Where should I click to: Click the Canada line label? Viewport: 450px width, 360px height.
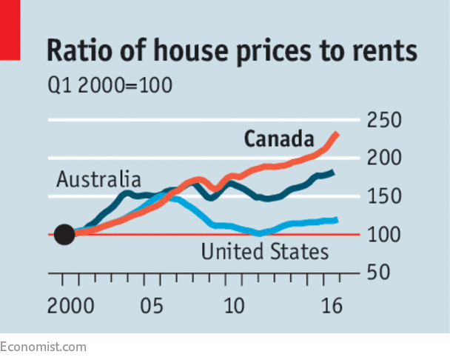pyautogui.click(x=278, y=139)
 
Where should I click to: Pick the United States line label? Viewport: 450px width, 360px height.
pyautogui.click(x=264, y=252)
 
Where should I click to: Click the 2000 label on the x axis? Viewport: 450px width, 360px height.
pyautogui.click(x=68, y=306)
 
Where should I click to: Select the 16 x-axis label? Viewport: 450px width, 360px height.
pyautogui.click(x=332, y=306)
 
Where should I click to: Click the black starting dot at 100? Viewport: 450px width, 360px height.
pyautogui.click(x=65, y=235)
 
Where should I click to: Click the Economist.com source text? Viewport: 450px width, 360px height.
pyautogui.click(x=43, y=347)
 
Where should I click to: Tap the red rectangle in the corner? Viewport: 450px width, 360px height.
pyautogui.click(x=10, y=30)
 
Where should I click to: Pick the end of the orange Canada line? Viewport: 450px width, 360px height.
pyautogui.click(x=337, y=134)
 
